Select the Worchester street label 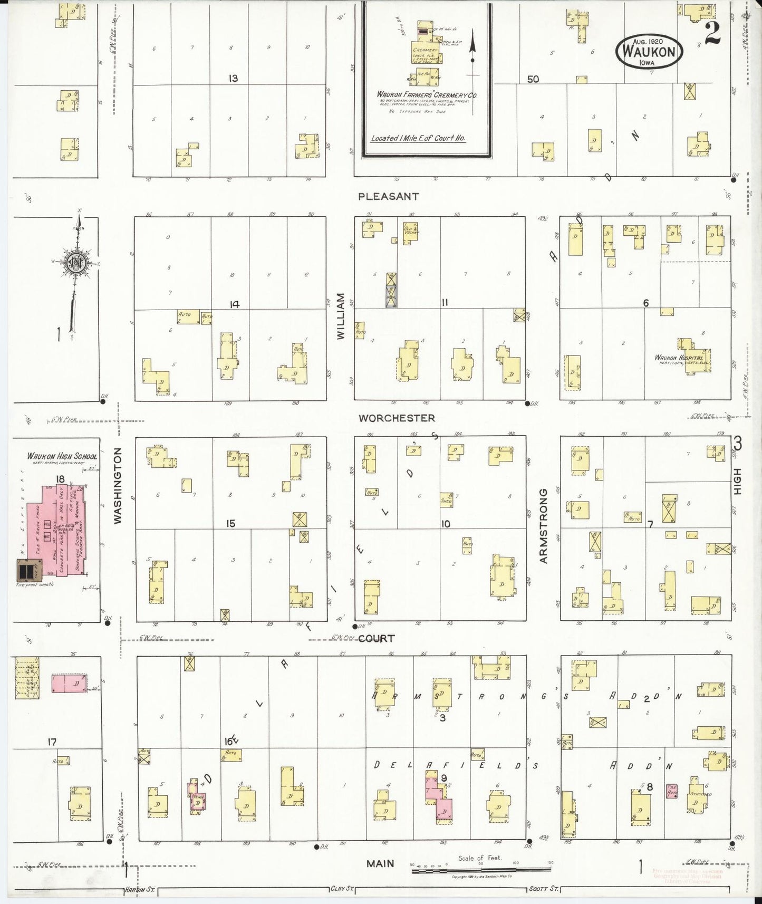coord(397,418)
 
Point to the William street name coord(341,316)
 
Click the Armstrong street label coord(543,526)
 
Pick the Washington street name coord(118,486)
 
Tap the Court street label coord(377,639)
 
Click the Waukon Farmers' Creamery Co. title coord(427,94)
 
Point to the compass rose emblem coord(75,262)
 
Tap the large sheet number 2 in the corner coord(712,34)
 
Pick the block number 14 coord(234,304)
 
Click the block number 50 coord(533,79)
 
